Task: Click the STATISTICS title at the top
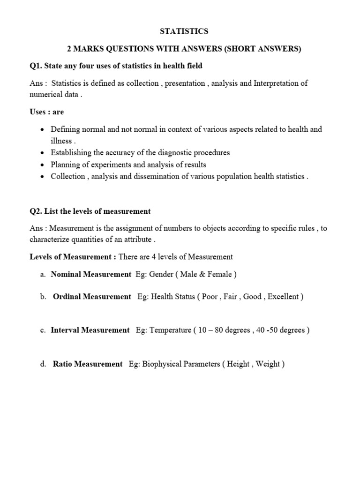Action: (184, 31)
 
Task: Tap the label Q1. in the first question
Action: (36, 66)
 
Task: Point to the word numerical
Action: (46, 94)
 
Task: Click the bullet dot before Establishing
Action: (43, 153)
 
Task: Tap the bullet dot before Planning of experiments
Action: (43, 165)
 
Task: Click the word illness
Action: (61, 141)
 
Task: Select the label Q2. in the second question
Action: (36, 211)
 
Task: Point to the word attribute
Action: (138, 239)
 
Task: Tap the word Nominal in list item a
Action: (66, 275)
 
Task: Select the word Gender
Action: (162, 275)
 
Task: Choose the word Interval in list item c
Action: (65, 330)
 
